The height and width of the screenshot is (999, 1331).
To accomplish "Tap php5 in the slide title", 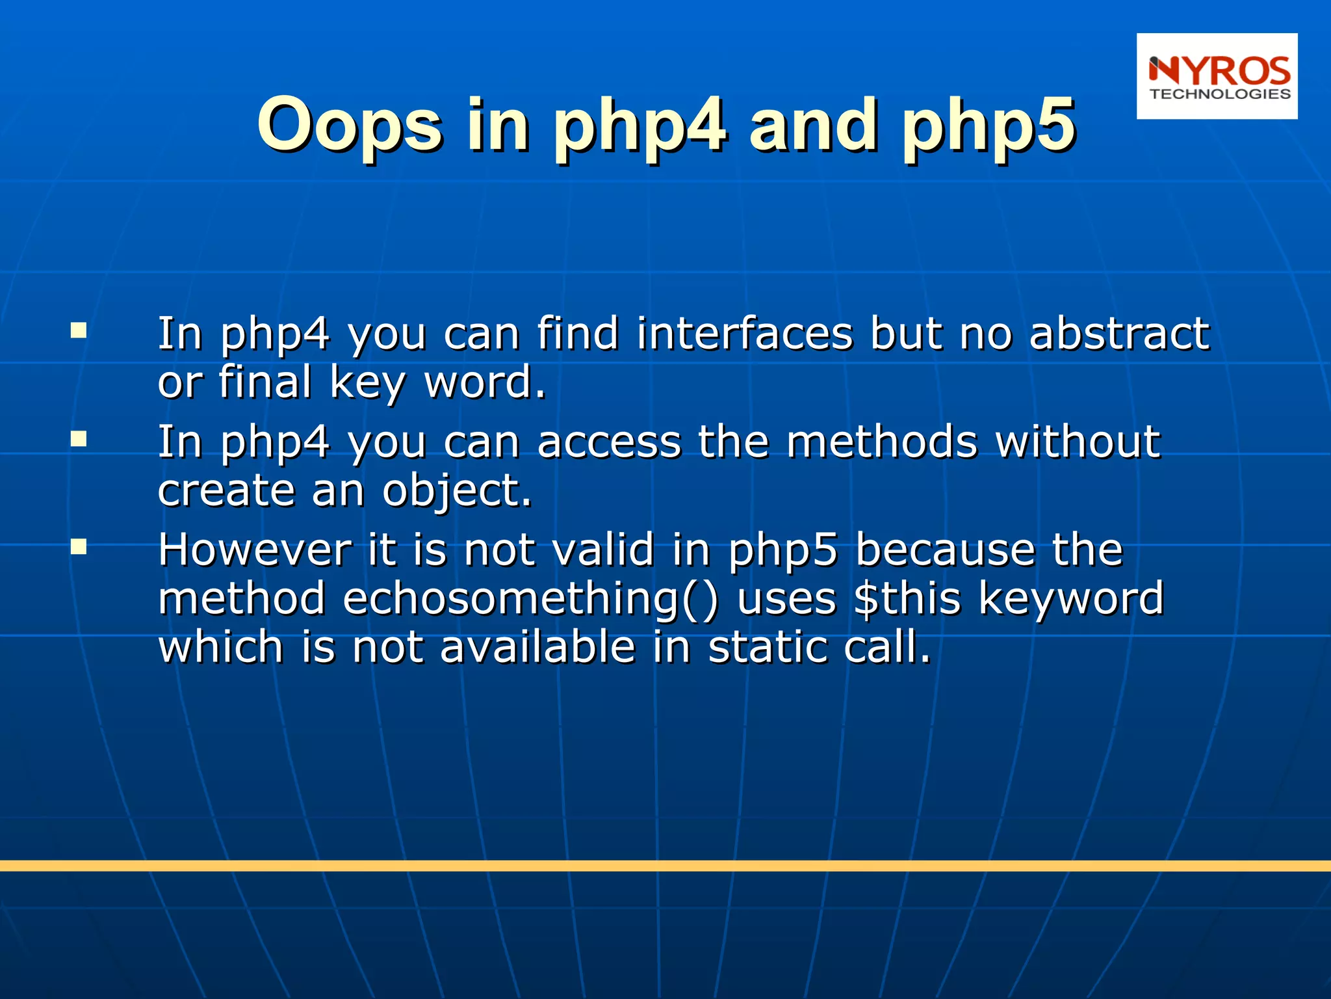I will [x=989, y=125].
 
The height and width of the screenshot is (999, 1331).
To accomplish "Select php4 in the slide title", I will [x=640, y=125].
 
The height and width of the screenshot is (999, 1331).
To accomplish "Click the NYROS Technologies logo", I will [x=1217, y=77].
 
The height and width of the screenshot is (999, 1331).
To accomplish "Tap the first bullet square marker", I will [x=79, y=331].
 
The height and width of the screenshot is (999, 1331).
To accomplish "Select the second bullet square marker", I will [x=79, y=440].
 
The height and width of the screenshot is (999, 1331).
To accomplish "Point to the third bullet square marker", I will [x=79, y=547].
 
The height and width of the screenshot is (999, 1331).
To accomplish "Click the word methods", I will [x=882, y=442].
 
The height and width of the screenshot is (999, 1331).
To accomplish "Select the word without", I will [x=1078, y=442].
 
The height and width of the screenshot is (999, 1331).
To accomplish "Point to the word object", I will [x=456, y=491].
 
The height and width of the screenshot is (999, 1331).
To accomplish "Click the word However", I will [x=255, y=550].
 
